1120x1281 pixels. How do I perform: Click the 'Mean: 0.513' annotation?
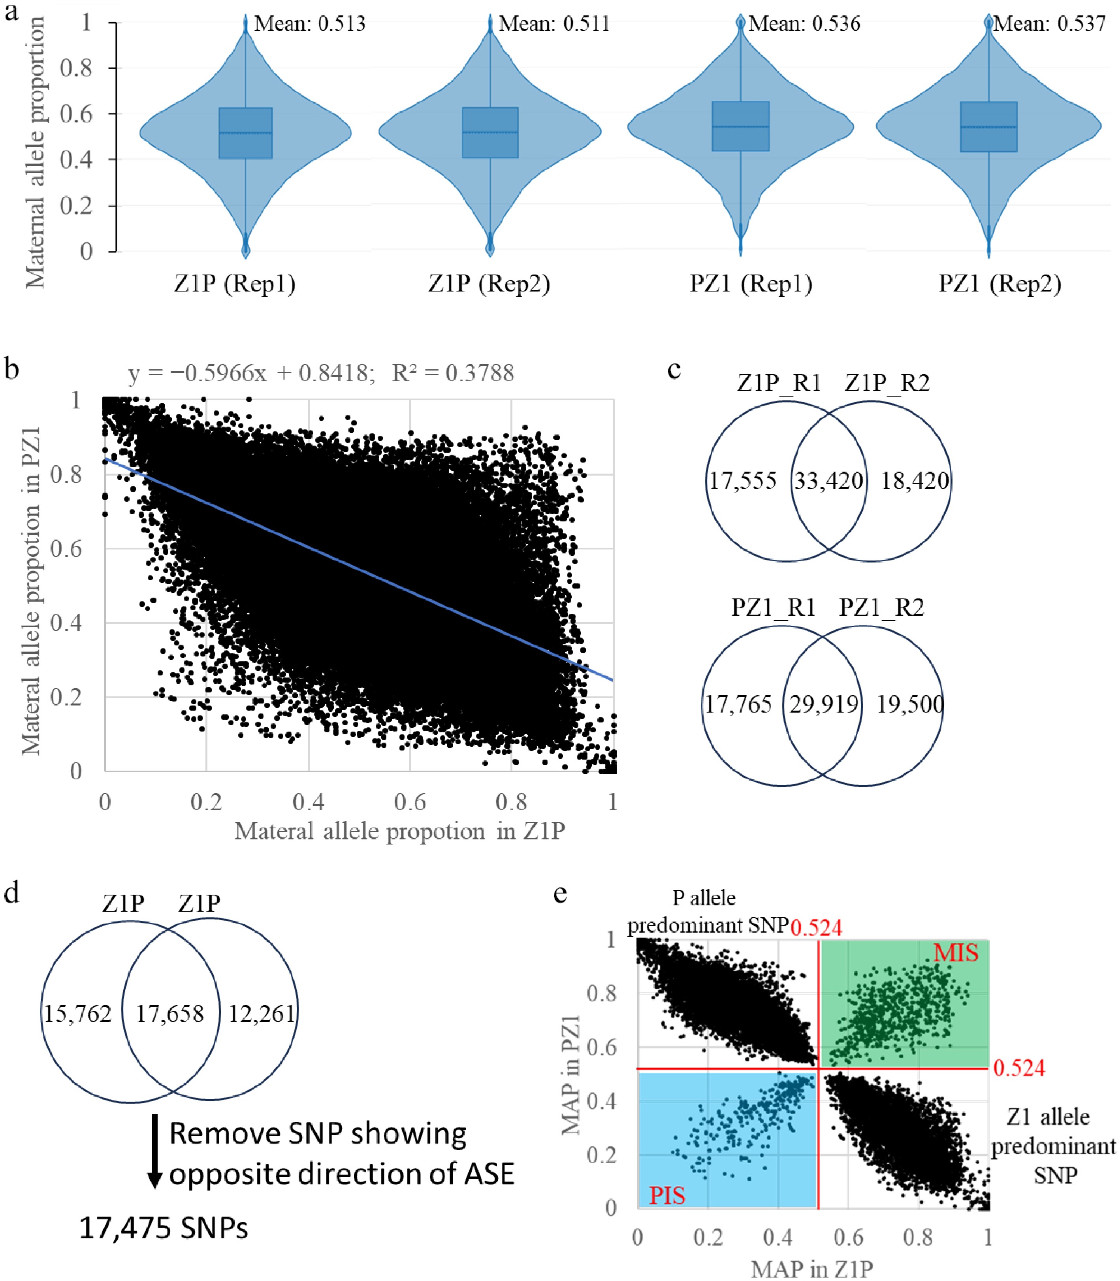pyautogui.click(x=309, y=24)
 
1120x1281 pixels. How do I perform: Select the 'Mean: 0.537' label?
pyautogui.click(x=1050, y=24)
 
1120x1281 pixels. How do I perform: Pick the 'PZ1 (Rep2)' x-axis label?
pyautogui.click(x=1000, y=284)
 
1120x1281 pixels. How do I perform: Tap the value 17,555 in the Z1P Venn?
pyautogui.click(x=742, y=481)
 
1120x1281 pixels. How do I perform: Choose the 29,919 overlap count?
pyautogui.click(x=824, y=705)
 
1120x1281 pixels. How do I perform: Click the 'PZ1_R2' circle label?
pyautogui.click(x=881, y=608)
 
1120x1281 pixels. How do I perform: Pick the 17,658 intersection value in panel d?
pyautogui.click(x=170, y=1014)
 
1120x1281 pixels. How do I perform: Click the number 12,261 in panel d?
pyautogui.click(x=261, y=1014)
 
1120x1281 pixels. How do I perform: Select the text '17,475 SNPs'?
pyautogui.click(x=164, y=1228)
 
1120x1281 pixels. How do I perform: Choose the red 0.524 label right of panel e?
pyautogui.click(x=1019, y=1068)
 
